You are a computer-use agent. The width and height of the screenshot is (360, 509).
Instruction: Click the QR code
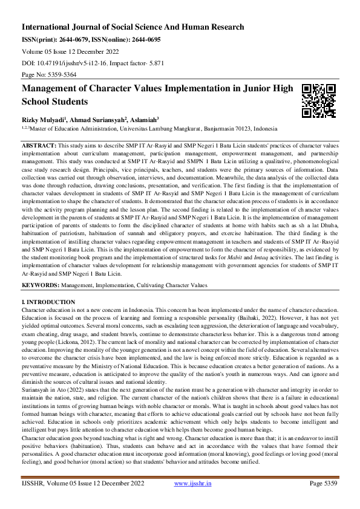tap(314, 100)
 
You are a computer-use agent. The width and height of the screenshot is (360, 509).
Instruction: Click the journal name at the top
tap(133, 27)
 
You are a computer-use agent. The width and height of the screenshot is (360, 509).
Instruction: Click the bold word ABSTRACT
tap(39, 146)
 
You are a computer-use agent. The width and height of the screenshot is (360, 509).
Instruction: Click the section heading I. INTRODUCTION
tap(48, 301)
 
